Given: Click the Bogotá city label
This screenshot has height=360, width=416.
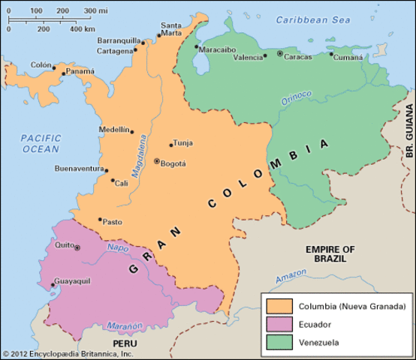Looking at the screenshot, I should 173,163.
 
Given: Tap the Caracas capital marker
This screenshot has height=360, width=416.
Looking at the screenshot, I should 280,54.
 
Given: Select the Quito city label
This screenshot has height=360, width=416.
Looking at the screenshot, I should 63,244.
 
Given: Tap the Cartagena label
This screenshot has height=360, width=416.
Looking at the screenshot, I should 115,51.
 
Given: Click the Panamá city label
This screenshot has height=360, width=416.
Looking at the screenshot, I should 80,71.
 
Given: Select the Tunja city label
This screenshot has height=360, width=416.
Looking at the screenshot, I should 183,142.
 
